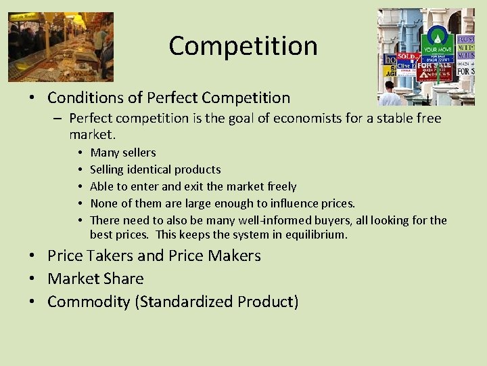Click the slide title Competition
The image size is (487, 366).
tap(243, 46)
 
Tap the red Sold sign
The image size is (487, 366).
tap(406, 57)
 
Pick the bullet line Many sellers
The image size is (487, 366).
tap(122, 152)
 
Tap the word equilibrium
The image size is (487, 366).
tap(315, 235)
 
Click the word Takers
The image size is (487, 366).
tap(108, 256)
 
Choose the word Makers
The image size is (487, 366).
tap(232, 256)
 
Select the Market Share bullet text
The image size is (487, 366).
tap(95, 279)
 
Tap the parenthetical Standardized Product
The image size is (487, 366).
tap(216, 302)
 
